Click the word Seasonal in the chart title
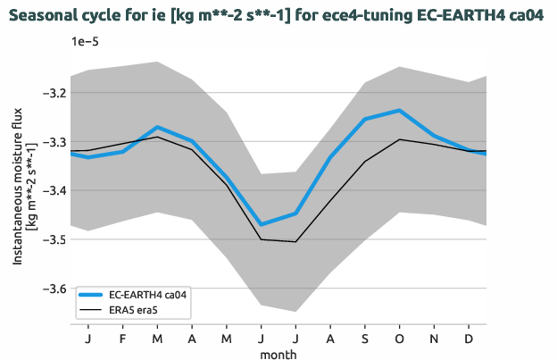tap(44, 15)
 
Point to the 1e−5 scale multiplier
tap(87, 42)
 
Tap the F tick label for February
tap(123, 340)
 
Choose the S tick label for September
tap(365, 340)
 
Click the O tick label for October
tap(399, 340)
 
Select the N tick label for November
tap(434, 340)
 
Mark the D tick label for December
tap(469, 340)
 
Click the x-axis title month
tap(278, 354)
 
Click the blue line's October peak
tap(399, 110)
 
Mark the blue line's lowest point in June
tap(262, 224)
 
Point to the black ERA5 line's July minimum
tap(295, 241)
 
